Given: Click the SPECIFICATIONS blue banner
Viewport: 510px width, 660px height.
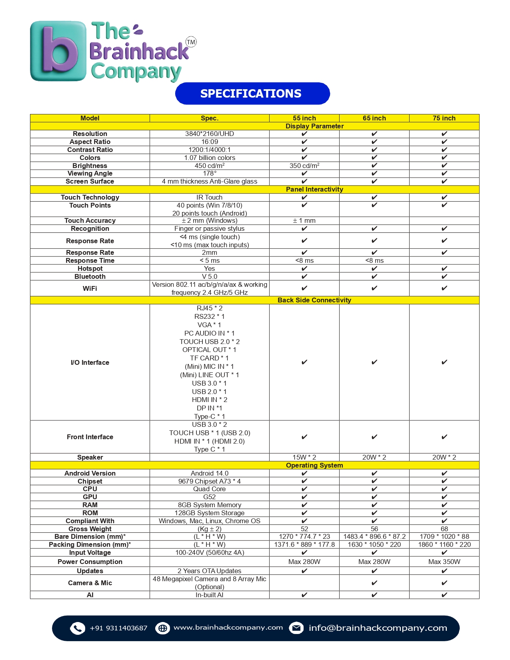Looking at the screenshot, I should click(252, 94).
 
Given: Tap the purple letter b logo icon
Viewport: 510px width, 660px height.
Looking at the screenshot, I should click(58, 51).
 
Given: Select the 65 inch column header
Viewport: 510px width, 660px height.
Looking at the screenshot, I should click(374, 118).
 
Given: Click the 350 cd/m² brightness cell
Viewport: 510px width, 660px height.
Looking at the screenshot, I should click(304, 166).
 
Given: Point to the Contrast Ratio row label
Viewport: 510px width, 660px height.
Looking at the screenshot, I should click(90, 150).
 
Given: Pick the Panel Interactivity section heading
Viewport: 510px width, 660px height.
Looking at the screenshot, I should click(314, 189).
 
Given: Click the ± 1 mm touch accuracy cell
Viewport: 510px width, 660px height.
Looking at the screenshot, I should click(304, 220).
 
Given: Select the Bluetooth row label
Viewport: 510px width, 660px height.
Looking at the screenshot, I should click(90, 276).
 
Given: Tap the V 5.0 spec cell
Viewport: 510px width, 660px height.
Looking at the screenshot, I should click(209, 276).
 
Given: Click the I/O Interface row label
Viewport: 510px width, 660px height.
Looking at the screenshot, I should click(90, 362).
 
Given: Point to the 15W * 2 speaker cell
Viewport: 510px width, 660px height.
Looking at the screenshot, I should click(304, 457).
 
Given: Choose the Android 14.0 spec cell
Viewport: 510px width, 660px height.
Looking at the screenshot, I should click(209, 473).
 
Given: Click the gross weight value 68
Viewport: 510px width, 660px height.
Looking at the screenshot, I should click(444, 529).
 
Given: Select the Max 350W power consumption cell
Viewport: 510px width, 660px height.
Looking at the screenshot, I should click(444, 562).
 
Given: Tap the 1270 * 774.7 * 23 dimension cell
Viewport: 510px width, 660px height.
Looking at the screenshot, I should click(304, 536).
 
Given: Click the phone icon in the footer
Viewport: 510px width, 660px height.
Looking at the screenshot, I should click(77, 628).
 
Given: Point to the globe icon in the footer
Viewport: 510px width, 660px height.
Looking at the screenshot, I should click(162, 628).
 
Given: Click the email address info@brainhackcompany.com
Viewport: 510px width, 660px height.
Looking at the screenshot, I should click(378, 628).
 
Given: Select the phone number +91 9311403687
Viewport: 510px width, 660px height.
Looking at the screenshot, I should click(118, 628).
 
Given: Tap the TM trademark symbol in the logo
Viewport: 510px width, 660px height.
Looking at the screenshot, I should click(191, 42).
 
